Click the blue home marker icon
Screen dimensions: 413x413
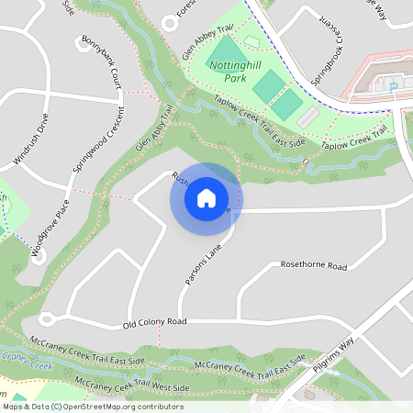click(x=206, y=198)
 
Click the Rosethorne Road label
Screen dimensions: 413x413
click(x=314, y=266)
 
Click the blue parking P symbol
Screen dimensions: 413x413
click(x=393, y=87)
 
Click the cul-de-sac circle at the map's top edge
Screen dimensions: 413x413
click(x=169, y=22)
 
